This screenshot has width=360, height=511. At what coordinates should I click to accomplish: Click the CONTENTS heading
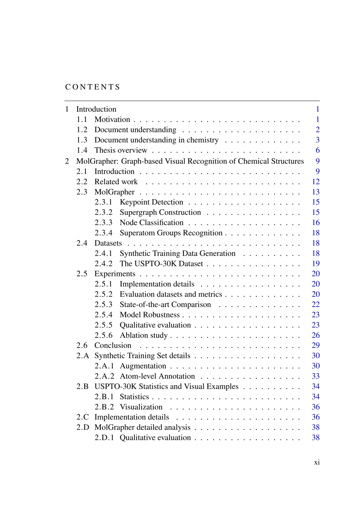tap(92, 87)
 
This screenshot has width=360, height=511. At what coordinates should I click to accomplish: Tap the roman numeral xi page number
tap(317, 462)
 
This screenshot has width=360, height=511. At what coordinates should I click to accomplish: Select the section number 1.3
tap(82, 140)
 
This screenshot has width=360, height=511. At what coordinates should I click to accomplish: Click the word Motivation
tap(112, 119)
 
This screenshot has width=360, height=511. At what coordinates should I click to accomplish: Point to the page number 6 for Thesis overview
tap(318, 150)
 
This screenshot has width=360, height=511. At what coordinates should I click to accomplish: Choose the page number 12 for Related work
tap(316, 182)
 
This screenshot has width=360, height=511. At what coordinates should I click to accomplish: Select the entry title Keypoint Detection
tap(151, 202)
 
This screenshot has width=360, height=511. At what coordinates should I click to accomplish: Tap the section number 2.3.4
tap(103, 233)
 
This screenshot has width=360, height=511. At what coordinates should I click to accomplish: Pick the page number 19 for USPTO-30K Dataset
tap(316, 264)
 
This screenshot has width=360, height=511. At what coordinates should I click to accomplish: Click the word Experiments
tap(115, 274)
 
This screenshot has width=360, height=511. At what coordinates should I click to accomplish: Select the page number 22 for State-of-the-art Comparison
tap(316, 305)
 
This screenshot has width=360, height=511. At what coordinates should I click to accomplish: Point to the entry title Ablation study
tap(144, 335)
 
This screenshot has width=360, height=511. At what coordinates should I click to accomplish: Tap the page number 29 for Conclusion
tap(316, 345)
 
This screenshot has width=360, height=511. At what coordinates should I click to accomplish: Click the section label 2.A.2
tap(104, 376)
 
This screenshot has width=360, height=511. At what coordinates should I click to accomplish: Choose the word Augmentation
tap(143, 366)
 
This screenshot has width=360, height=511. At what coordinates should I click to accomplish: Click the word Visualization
tap(141, 407)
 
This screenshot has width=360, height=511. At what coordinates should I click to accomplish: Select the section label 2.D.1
tap(104, 438)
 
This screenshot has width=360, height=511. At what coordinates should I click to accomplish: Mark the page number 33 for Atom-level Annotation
tap(316, 376)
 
